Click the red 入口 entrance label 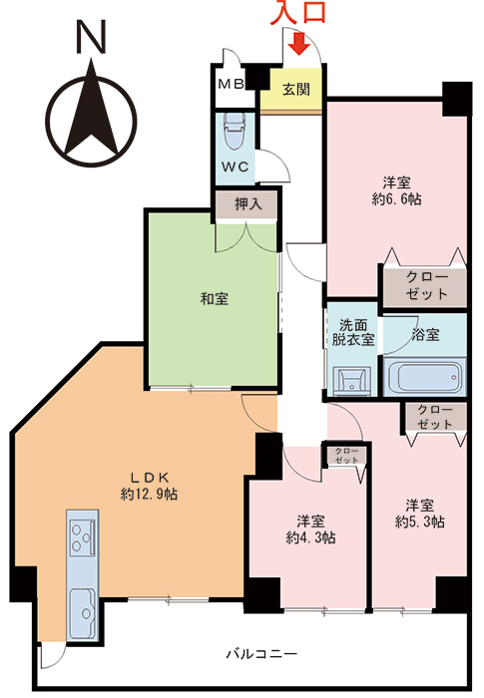296,15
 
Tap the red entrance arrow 297,43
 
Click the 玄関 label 296,89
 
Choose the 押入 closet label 247,204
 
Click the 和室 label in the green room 214,297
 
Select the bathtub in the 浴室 423,378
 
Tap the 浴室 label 425,335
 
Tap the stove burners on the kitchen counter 82,538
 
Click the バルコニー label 260,654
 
